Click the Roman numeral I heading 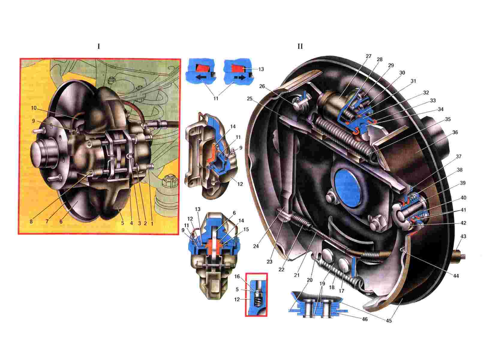(99, 46)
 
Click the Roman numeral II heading (300, 46)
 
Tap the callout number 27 (369, 56)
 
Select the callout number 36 (455, 132)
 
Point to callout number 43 (463, 236)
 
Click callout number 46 (364, 319)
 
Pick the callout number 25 (250, 99)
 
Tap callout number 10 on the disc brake (34, 108)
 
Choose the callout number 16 (237, 276)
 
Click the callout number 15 (246, 229)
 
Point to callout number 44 (456, 276)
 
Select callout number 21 (297, 275)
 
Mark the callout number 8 (31, 222)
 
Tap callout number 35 (448, 119)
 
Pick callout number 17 (342, 291)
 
